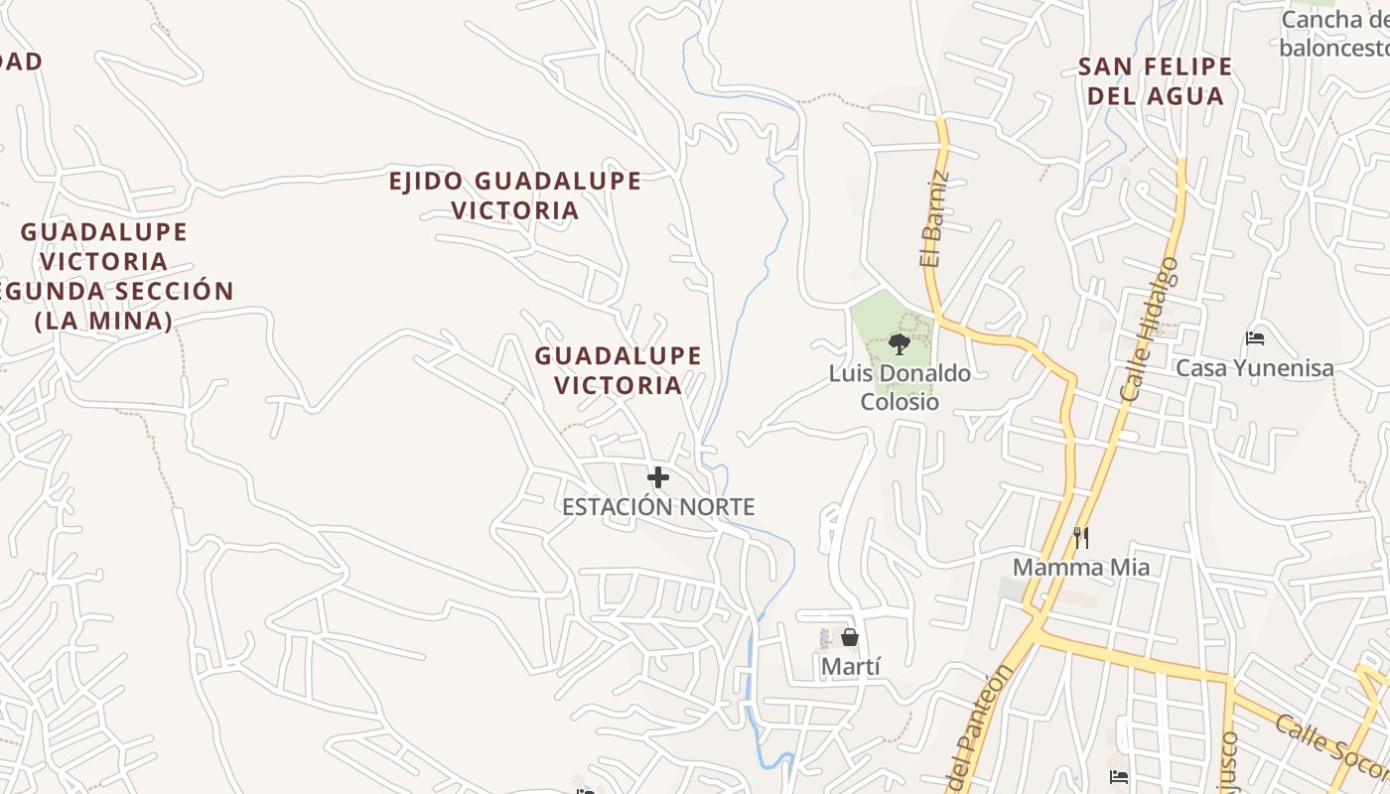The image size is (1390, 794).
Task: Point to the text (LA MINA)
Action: pos(104,322)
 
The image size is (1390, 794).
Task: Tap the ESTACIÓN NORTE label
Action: pos(658,507)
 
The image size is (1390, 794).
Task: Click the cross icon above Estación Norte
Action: pos(657,478)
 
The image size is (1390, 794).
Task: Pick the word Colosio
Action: pos(900,402)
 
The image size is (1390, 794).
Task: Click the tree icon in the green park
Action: pos(900,344)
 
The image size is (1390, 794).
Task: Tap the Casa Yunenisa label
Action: pos(1255,368)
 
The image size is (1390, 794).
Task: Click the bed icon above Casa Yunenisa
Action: pos(1255,338)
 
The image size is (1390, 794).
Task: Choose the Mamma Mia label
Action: pos(1081,568)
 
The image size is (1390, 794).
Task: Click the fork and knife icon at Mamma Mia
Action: pos(1081,538)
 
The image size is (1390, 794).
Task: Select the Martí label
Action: pos(851,666)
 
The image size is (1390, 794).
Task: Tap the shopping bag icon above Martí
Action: pos(850,637)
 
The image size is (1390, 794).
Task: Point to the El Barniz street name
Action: pos(933,221)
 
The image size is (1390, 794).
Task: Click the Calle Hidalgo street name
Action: pos(1149,330)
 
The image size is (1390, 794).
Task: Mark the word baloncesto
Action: pos(1332,47)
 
